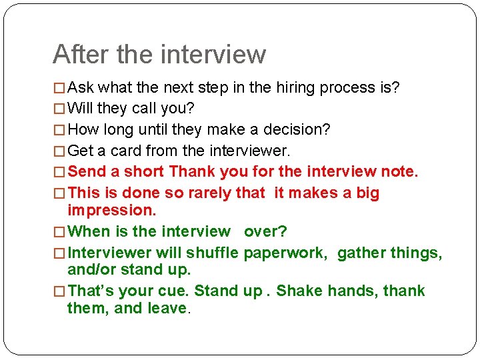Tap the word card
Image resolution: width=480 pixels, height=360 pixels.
[x=123, y=151]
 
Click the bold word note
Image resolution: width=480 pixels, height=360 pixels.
[x=399, y=171]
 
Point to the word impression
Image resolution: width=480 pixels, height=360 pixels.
[x=111, y=210]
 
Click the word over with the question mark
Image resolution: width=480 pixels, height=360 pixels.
[x=265, y=231]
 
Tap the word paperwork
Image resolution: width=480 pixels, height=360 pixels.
[x=285, y=253]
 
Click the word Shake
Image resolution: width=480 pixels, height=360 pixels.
[x=298, y=291]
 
